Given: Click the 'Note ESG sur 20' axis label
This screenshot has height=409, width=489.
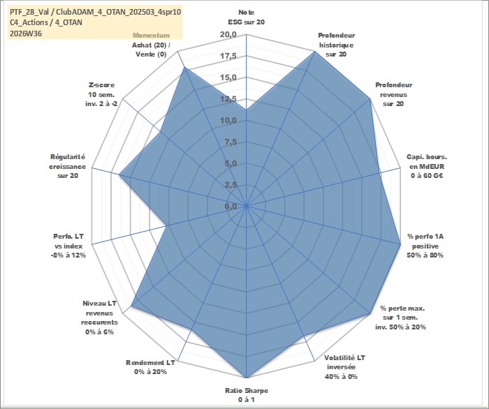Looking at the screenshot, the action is pyautogui.click(x=247, y=17).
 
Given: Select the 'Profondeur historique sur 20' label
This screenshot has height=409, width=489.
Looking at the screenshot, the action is pyautogui.click(x=336, y=45).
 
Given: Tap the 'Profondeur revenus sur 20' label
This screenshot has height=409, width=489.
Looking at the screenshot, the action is pyautogui.click(x=393, y=94).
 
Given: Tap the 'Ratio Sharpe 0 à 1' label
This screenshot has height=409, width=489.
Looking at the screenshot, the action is pyautogui.click(x=247, y=395).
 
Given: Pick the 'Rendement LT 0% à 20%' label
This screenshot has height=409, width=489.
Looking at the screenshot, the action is pyautogui.click(x=150, y=367).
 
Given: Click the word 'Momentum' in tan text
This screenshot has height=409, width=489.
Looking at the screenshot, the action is pyautogui.click(x=152, y=36).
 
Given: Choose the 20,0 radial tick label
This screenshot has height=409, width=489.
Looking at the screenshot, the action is pyautogui.click(x=228, y=34).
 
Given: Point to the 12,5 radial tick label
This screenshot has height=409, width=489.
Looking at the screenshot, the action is pyautogui.click(x=228, y=98).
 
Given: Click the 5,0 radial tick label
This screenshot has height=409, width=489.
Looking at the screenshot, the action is pyautogui.click(x=231, y=163).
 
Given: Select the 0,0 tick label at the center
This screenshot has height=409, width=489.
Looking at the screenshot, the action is pyautogui.click(x=231, y=206).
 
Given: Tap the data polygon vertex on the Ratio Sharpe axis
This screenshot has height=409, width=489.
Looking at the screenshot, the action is pyautogui.click(x=247, y=378).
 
